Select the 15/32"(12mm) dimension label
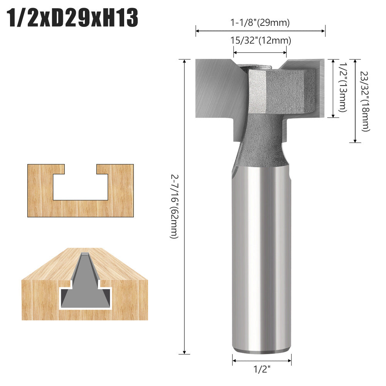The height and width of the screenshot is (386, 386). point(260,40)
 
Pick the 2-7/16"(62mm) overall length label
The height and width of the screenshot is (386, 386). point(174,206)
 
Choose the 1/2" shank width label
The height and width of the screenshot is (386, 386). point(262,369)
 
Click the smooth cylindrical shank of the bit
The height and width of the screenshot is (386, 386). point(261,251)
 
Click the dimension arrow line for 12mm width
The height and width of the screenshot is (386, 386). point(260,52)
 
